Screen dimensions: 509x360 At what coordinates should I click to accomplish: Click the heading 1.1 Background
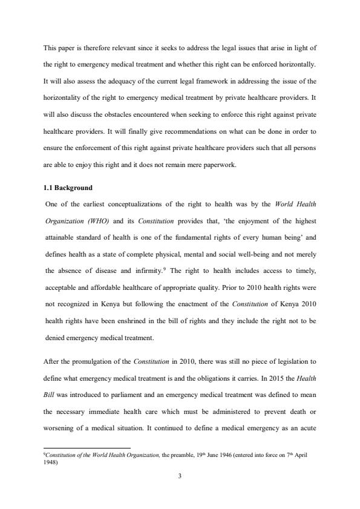point(67,188)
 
